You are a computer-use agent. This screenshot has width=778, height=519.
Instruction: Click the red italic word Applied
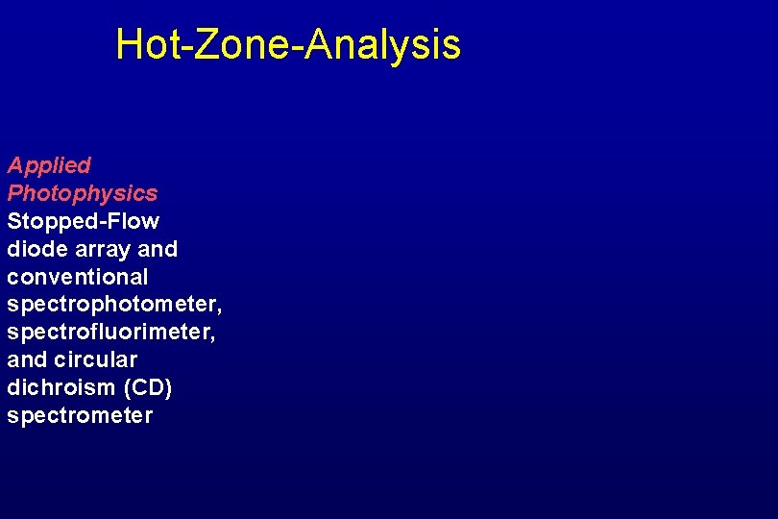click(x=49, y=166)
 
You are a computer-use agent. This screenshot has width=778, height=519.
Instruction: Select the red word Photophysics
click(x=83, y=194)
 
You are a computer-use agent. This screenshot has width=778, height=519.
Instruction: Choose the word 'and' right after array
click(x=158, y=249)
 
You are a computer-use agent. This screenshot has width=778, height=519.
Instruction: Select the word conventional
click(x=78, y=277)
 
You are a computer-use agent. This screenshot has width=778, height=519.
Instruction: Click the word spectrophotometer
click(x=114, y=306)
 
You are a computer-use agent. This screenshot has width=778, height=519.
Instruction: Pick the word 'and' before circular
click(x=25, y=360)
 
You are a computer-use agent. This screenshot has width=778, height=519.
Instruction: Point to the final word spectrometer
click(x=80, y=416)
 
